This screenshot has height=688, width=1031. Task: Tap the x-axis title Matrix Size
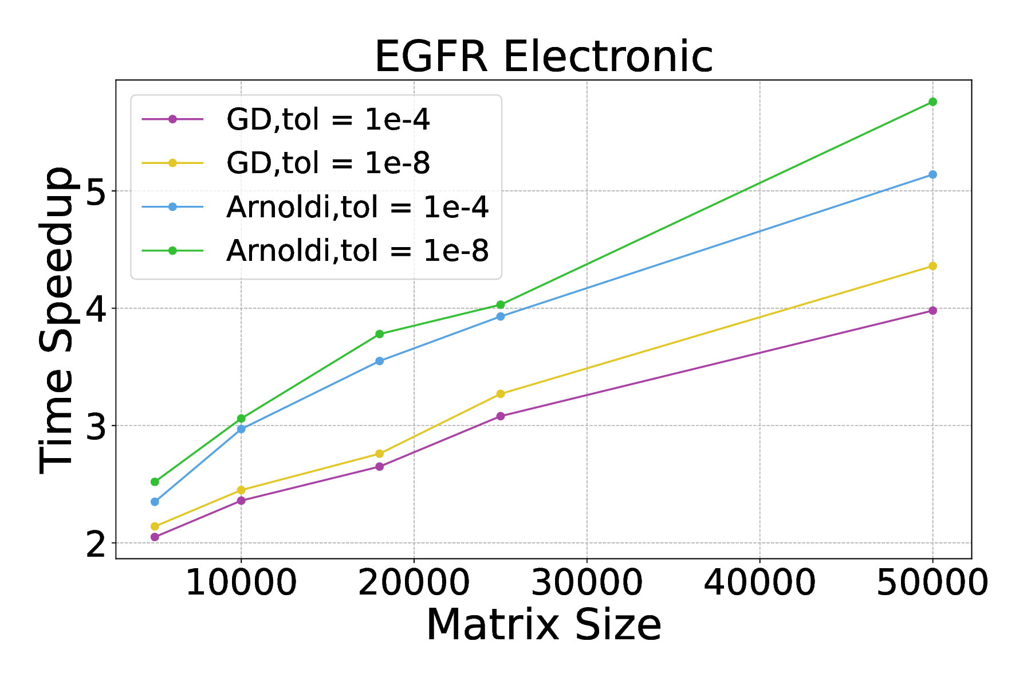(x=544, y=624)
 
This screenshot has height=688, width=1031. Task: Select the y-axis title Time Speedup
(x=56, y=321)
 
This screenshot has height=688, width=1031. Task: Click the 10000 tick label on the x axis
(x=241, y=583)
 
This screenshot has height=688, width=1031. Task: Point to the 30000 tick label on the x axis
(x=587, y=583)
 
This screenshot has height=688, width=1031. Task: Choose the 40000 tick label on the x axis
(x=760, y=583)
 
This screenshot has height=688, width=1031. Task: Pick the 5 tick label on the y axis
(x=96, y=191)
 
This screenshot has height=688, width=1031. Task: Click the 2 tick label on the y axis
(x=96, y=544)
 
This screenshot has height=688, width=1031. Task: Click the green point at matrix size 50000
(x=932, y=102)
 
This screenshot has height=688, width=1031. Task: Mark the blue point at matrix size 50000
(x=932, y=174)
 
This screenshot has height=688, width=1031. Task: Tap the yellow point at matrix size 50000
(x=932, y=266)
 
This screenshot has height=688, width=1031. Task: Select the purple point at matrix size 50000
(x=932, y=311)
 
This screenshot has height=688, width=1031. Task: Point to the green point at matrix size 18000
(x=379, y=334)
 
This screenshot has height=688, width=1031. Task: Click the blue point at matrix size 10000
(x=241, y=429)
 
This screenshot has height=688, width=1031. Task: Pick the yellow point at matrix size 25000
(x=501, y=394)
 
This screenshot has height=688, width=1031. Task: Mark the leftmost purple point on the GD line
(x=155, y=537)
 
